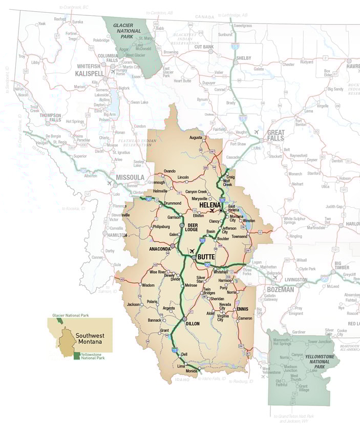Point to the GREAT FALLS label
[x=276, y=136]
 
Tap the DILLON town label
[x=193, y=324]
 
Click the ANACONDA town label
[x=159, y=249]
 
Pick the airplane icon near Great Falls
[x=256, y=132]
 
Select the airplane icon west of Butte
[x=192, y=251]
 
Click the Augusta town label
[x=196, y=138]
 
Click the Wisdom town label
[x=148, y=285]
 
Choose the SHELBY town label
[x=243, y=58]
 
